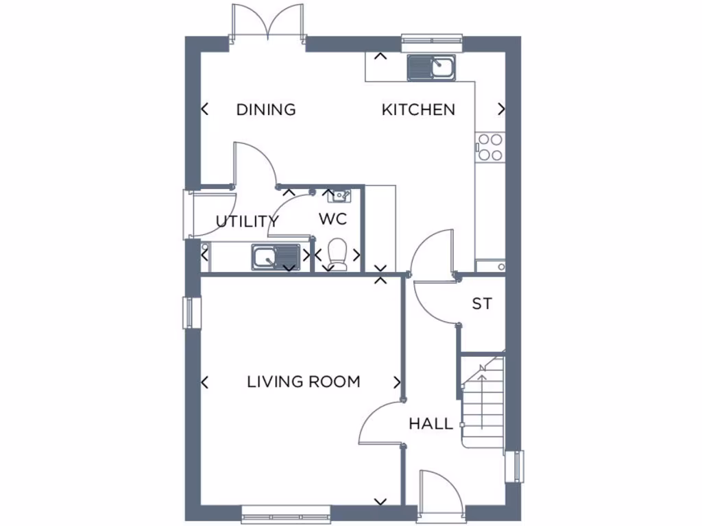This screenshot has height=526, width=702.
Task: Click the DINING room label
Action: [266, 110]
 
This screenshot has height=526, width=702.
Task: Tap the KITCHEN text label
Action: [418, 110]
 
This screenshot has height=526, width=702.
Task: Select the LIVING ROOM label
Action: [304, 382]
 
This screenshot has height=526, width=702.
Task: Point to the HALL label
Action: [431, 424]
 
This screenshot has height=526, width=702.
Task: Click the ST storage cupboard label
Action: [482, 303]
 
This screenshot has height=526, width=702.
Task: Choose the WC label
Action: [333, 220]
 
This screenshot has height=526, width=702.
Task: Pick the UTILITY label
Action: [247, 222]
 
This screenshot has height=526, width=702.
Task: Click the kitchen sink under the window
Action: [431, 68]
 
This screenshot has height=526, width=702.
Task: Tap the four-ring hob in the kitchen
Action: [489, 147]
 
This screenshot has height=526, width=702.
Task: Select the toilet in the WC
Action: [337, 253]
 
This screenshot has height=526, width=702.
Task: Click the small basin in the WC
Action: [339, 197]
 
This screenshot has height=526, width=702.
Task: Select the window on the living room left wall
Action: [190, 313]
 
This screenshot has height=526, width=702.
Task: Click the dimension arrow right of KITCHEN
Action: [502, 109]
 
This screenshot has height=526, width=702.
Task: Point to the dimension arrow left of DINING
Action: [204, 109]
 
